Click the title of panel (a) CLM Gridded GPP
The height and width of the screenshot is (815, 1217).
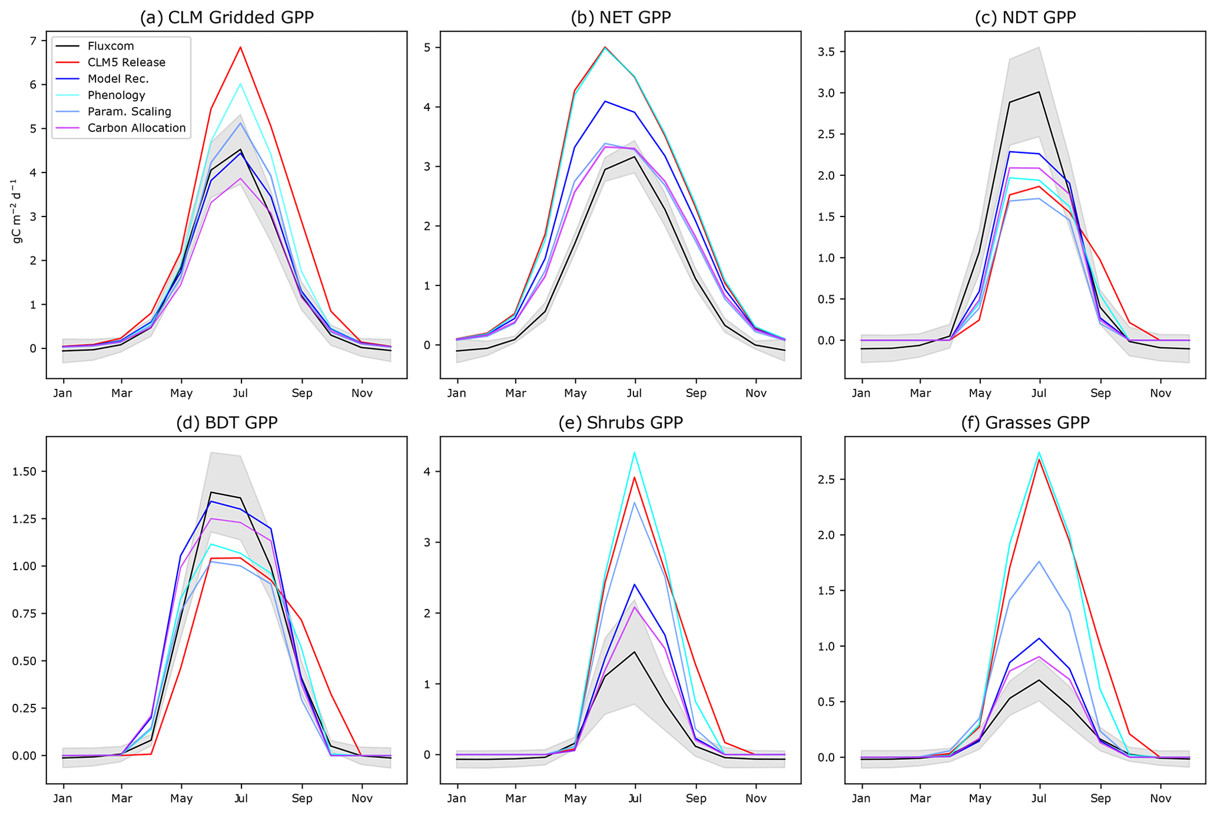pos(227,17)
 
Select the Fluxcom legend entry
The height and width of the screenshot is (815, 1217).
pos(111,46)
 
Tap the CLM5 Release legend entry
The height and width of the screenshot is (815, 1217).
pos(126,62)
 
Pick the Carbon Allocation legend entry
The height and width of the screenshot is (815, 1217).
pos(137,128)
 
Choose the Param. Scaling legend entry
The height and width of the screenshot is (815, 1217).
pos(129,112)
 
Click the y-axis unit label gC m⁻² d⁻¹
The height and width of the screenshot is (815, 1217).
pos(17,211)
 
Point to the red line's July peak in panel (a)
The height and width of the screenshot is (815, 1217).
pos(240,47)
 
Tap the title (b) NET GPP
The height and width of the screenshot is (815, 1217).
pos(621,17)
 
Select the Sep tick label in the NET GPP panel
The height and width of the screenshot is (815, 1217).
pos(695,393)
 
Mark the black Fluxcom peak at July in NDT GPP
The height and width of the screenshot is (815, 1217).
pos(1039,92)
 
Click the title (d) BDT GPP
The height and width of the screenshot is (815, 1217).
pos(227,423)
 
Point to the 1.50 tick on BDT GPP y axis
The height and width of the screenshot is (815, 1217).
pos(25,471)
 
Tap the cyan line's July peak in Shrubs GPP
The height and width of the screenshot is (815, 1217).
pos(635,453)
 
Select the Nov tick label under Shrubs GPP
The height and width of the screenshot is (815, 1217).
pos(755,799)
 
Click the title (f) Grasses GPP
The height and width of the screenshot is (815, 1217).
pos(1025,423)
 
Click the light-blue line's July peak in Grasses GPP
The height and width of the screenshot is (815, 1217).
pos(1039,561)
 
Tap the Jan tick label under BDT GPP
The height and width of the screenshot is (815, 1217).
pos(63,799)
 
